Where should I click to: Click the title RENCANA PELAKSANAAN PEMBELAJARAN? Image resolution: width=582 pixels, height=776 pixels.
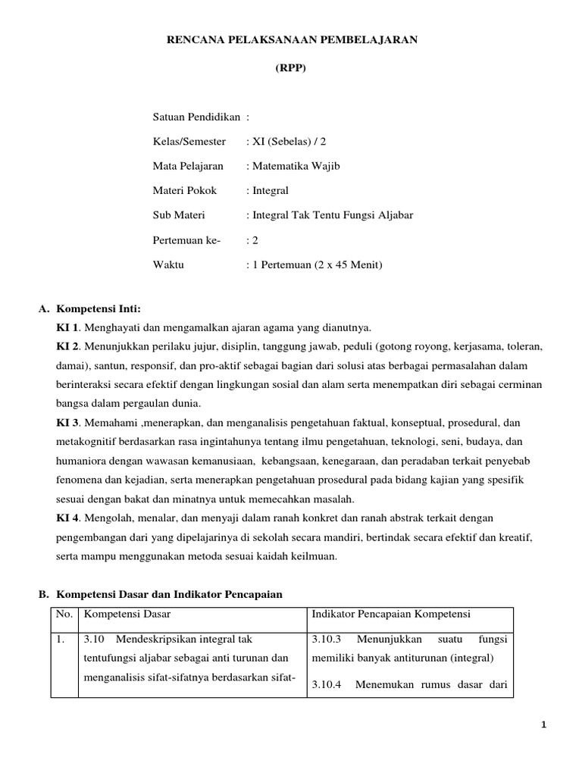(292, 39)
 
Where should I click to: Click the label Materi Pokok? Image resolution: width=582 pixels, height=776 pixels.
(184, 191)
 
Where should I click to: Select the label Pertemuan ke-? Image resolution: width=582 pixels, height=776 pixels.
(186, 240)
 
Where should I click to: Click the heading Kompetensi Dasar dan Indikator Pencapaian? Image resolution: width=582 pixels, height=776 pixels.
(169, 594)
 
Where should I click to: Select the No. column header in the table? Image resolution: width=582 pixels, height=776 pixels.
(63, 613)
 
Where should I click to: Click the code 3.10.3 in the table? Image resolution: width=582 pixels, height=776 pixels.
(327, 639)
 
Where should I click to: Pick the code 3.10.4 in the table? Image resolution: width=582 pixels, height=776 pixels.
(327, 684)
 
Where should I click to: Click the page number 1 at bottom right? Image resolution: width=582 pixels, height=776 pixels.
(543, 725)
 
